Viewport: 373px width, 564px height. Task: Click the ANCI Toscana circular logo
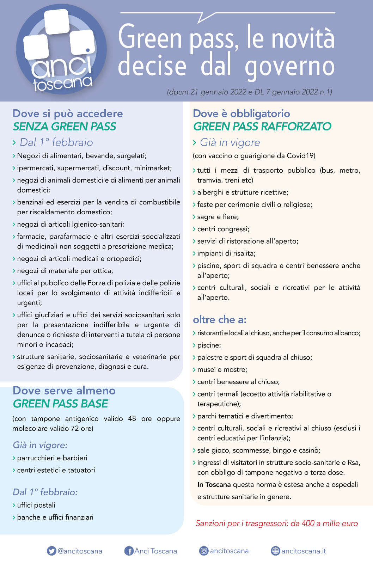61,50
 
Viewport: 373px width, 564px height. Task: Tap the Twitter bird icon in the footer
51,551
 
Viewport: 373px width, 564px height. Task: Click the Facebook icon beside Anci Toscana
129,551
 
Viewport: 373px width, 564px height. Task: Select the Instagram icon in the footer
204,551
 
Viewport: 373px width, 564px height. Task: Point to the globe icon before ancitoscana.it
275,551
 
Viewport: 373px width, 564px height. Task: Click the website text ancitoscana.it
304,551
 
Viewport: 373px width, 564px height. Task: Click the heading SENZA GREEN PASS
65,126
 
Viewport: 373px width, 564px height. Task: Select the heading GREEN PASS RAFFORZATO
262,126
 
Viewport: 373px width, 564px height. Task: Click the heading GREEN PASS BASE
61,403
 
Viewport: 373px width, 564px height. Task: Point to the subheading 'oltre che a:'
220,319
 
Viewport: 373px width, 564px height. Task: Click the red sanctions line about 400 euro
277,523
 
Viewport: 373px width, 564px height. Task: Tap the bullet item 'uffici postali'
36,505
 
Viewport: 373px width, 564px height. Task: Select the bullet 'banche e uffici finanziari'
55,517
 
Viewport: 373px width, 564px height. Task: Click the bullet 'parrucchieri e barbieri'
52,458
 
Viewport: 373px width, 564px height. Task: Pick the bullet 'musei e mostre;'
222,369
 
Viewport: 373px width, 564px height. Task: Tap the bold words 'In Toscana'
214,484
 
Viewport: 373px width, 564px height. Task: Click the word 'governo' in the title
290,66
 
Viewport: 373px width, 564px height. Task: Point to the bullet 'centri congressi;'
223,229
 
